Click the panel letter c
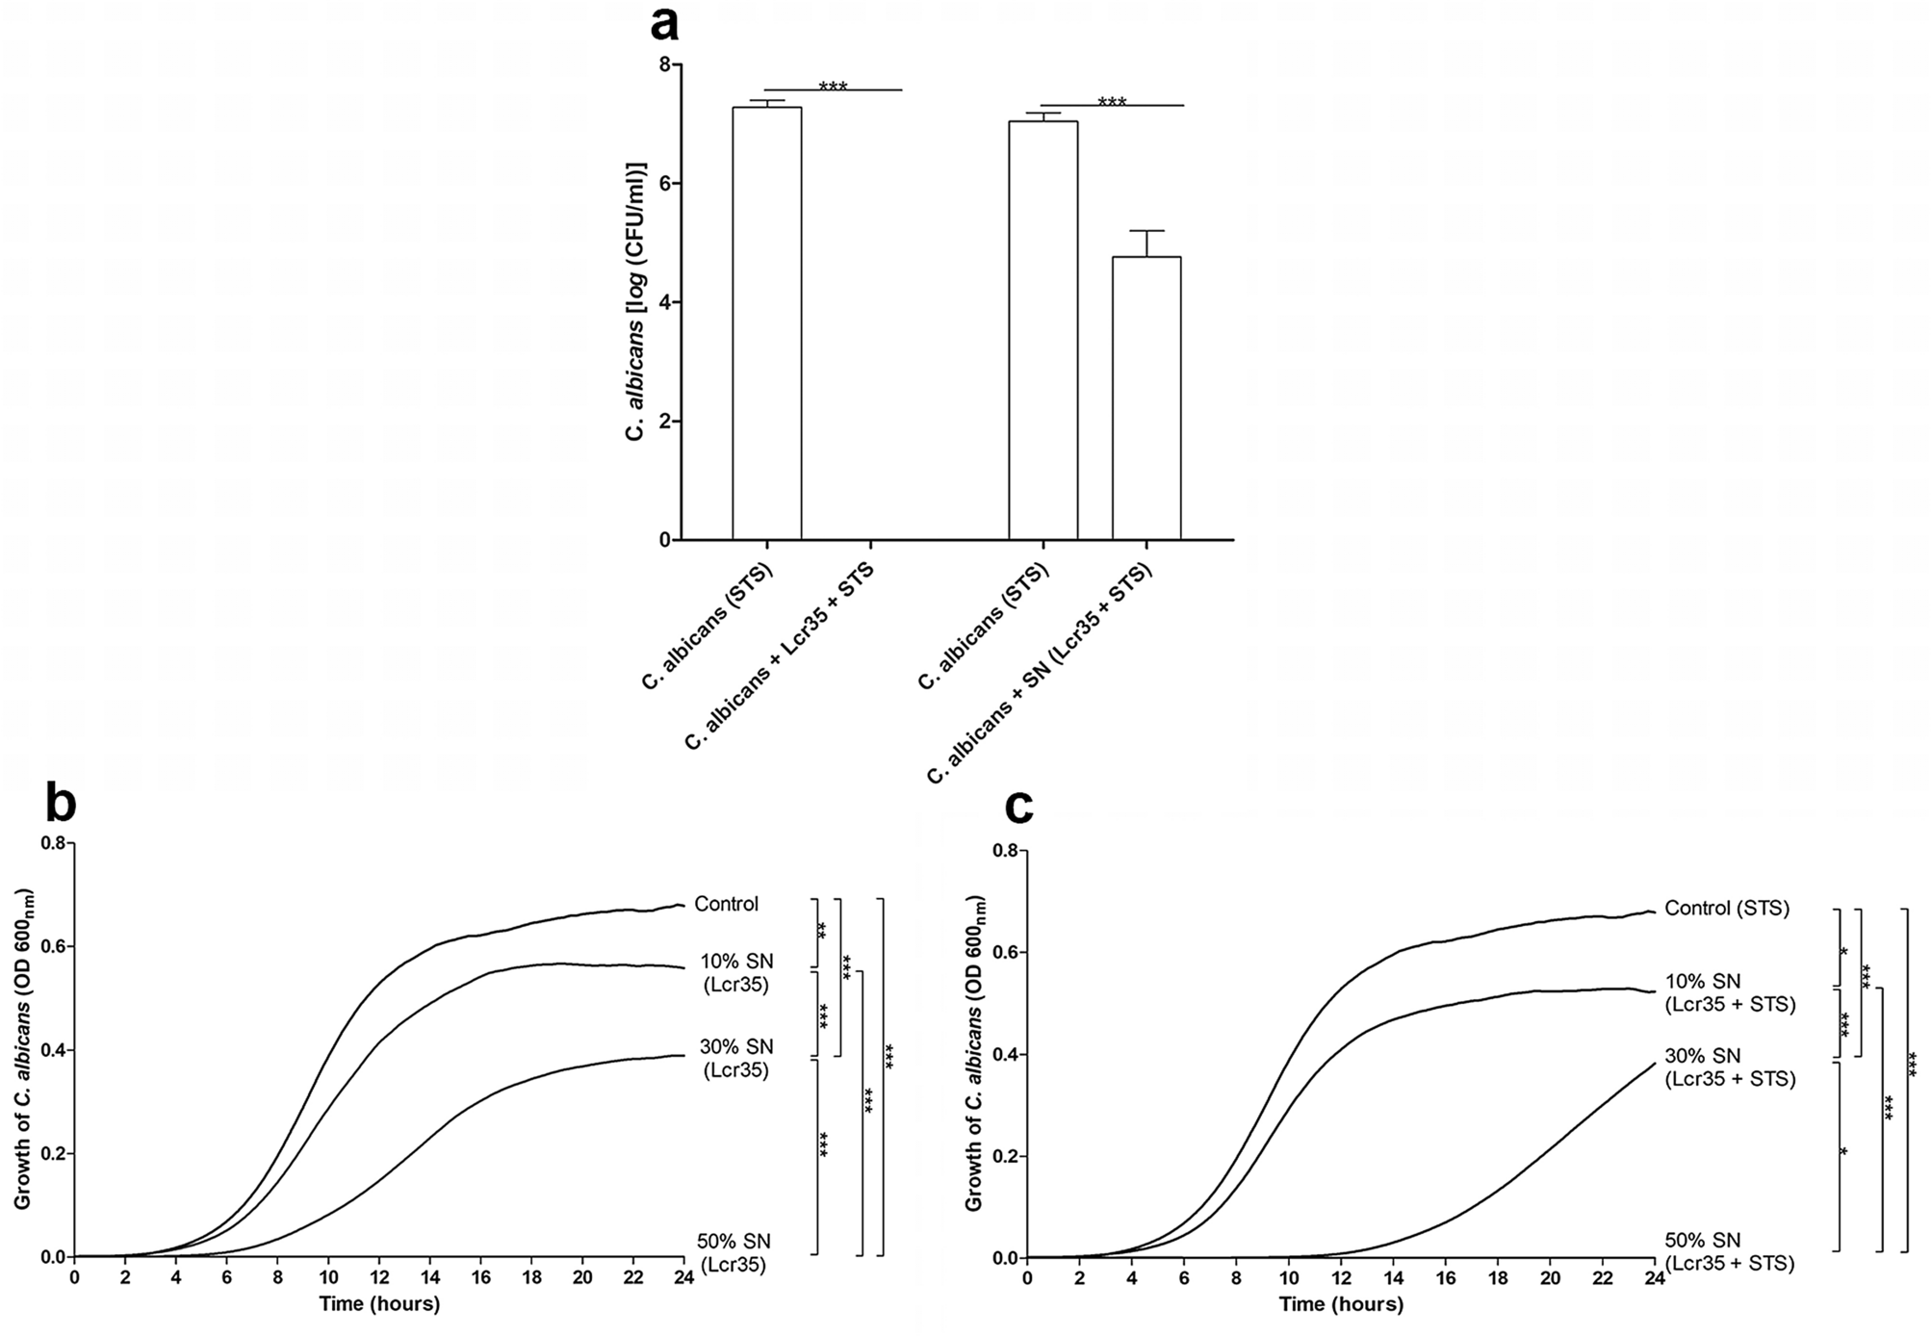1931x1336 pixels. pos(1017,808)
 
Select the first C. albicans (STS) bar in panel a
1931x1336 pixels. pos(766,322)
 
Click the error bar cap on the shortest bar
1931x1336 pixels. pos(1146,231)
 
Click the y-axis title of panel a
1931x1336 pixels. pos(634,301)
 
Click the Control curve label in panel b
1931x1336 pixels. pos(726,904)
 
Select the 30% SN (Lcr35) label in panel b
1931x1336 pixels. pos(735,1058)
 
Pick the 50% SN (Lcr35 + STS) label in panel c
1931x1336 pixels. pos(1729,1251)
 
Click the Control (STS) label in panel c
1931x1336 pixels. pos(1726,908)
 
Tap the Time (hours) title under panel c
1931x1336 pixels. pos(1340,1305)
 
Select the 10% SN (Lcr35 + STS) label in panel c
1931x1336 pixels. pos(1730,992)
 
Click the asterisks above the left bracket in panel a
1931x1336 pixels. pos(833,87)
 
